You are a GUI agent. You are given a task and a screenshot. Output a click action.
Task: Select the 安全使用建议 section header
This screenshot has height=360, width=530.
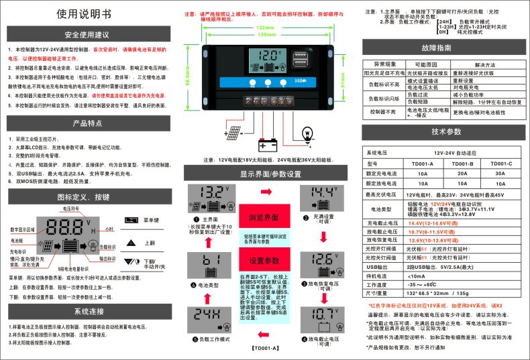click(x=91, y=34)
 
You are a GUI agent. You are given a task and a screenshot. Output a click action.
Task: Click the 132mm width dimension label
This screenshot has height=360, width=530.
click(x=266, y=27)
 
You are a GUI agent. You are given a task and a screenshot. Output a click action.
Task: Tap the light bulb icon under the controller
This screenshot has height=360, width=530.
click(x=308, y=132)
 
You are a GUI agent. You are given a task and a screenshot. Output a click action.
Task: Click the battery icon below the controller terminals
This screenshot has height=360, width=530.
click(x=269, y=143)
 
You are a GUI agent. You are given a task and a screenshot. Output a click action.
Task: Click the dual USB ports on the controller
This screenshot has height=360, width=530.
click(x=299, y=63)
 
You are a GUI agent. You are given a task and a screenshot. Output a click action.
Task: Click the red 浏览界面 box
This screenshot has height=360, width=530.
click(x=260, y=217)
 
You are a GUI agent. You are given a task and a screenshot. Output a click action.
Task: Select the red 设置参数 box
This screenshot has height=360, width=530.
click(x=260, y=261)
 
